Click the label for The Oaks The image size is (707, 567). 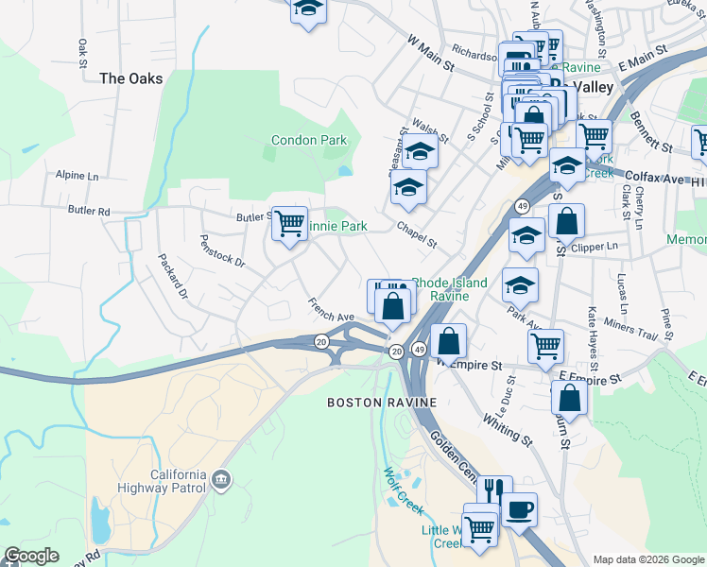131,79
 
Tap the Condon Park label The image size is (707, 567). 309,141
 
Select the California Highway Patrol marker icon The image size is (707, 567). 221,480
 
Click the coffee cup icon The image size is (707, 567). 518,511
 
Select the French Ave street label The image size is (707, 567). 331,310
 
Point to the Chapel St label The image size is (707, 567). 417,235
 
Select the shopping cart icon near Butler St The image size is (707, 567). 289,224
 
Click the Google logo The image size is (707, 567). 31,556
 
